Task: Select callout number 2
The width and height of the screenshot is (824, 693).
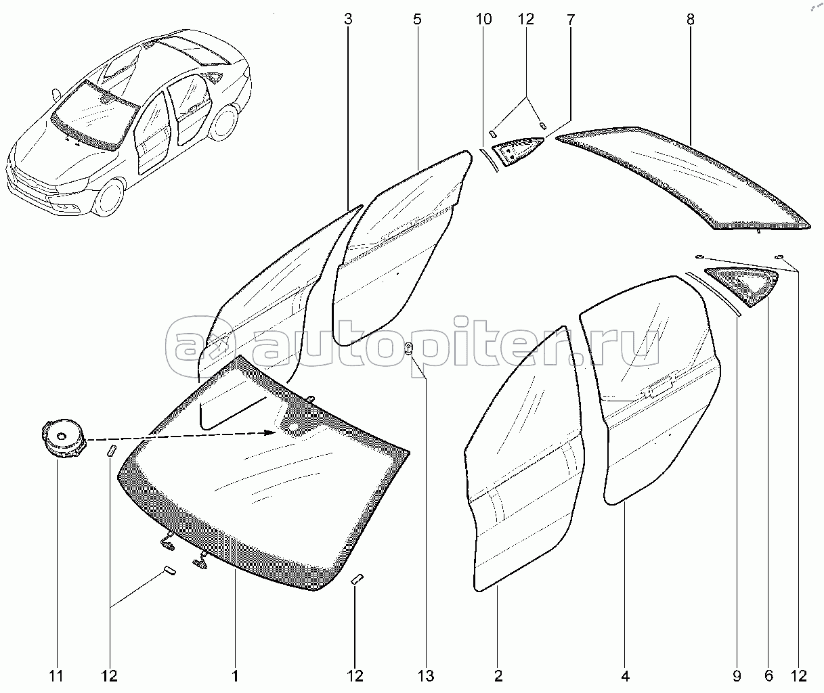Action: tap(498, 675)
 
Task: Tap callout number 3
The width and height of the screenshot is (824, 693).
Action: tap(348, 20)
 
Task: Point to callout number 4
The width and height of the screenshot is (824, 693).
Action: tap(625, 675)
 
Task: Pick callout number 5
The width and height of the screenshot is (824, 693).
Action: tap(417, 20)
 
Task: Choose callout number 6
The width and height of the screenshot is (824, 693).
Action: tap(769, 675)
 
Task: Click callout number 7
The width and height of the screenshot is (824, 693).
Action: tap(570, 20)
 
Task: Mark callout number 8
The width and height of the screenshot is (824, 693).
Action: tap(691, 20)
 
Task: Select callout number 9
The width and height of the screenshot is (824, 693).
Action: tap(737, 675)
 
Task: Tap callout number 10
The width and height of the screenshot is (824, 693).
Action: tap(483, 20)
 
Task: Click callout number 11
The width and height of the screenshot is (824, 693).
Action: tap(57, 675)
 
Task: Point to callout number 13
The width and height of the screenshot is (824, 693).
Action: tap(426, 675)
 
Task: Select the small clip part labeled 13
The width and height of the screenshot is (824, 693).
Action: tap(409, 349)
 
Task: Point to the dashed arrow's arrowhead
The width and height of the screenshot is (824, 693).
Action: tap(276, 432)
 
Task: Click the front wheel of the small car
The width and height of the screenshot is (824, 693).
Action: tap(106, 195)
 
